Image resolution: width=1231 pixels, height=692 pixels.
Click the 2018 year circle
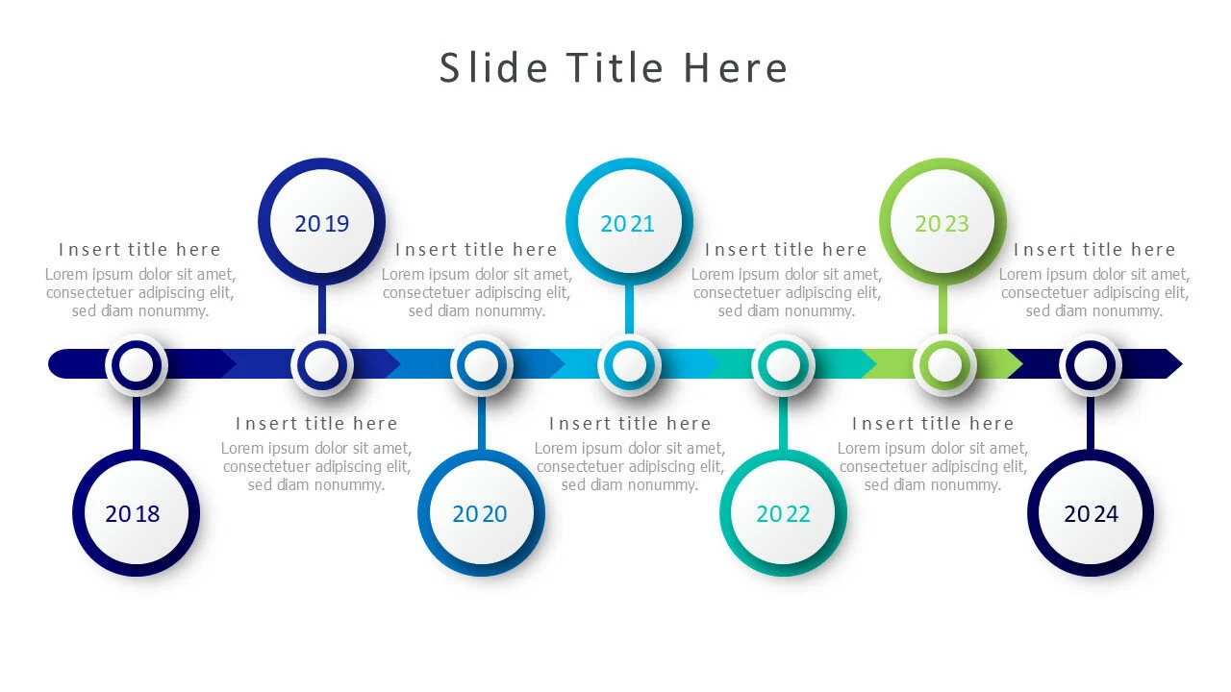136,513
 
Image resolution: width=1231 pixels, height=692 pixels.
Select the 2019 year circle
321,222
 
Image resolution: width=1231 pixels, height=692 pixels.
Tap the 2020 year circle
481,513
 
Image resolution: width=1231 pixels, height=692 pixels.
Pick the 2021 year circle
628,222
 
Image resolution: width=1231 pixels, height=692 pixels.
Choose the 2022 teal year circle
783,513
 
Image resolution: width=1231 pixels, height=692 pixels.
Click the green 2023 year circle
942,222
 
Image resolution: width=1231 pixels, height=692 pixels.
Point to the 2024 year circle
1090,513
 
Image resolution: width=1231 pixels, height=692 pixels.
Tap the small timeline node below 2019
321,364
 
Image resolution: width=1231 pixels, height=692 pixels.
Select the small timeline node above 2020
481,364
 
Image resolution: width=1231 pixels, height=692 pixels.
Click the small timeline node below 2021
629,364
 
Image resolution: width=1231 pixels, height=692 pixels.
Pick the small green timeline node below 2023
943,364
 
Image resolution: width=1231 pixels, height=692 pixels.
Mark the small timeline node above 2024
1090,364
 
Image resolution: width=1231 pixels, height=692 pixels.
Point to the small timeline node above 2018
136,364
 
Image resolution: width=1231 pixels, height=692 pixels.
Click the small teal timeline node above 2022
783,364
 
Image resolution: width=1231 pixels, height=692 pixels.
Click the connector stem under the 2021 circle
629,309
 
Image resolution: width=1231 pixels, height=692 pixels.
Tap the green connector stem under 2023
943,309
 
